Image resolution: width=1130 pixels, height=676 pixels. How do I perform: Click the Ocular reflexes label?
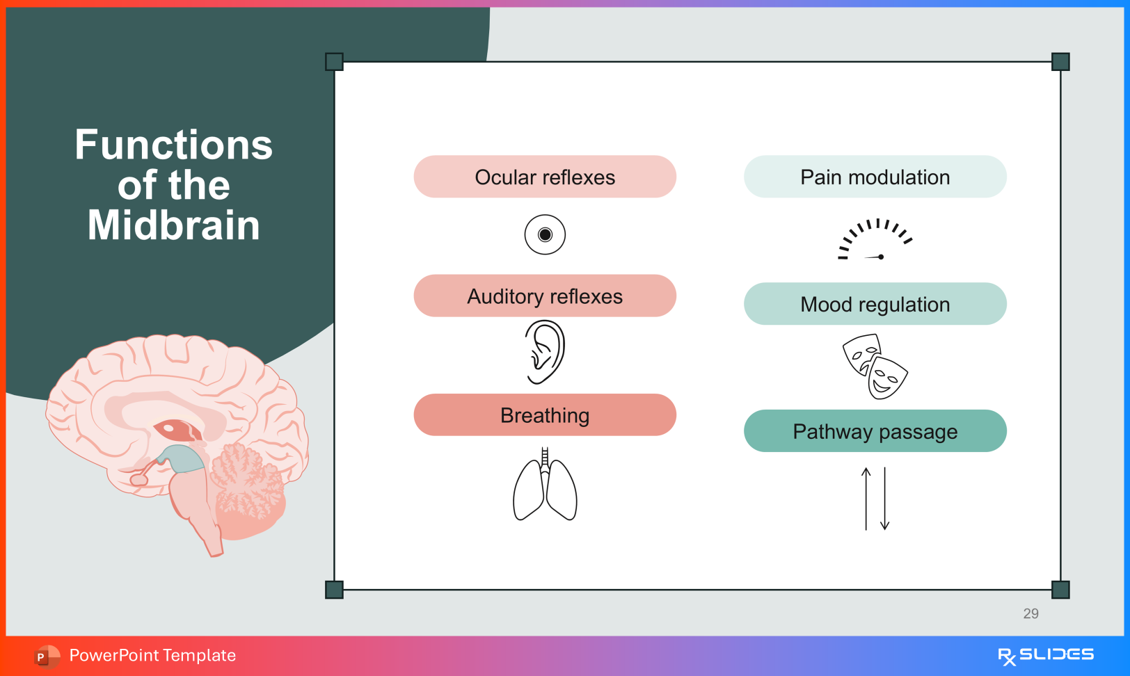(545, 177)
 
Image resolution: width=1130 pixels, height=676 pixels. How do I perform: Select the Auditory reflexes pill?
(545, 296)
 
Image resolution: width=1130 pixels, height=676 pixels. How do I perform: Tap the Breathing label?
(545, 415)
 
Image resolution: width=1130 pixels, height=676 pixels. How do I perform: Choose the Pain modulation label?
(875, 177)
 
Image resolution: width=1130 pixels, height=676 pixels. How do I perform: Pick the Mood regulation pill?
(875, 305)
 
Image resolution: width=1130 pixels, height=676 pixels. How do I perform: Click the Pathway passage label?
(875, 432)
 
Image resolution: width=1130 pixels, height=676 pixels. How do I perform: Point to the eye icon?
(545, 234)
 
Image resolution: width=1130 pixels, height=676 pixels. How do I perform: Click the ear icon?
(545, 352)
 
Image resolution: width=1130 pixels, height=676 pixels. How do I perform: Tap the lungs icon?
(545, 486)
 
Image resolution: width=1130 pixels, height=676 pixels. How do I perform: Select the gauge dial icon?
(875, 240)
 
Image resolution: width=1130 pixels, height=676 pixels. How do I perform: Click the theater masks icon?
(875, 366)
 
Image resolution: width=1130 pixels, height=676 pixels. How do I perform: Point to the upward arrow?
(866, 498)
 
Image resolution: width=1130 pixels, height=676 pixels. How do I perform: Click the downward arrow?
(885, 498)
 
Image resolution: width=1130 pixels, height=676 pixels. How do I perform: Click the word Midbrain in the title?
(174, 225)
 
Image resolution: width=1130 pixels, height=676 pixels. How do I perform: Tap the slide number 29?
(1030, 613)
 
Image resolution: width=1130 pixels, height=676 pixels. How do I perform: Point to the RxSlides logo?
(1045, 655)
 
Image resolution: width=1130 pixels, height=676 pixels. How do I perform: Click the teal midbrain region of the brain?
(182, 459)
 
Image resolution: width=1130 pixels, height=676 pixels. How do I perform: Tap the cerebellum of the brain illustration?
(247, 483)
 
